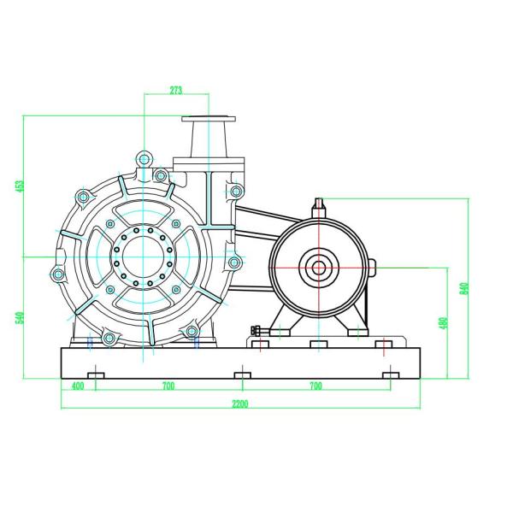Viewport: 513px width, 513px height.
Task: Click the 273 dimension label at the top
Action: pos(175,90)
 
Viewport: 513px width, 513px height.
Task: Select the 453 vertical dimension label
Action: pos(21,186)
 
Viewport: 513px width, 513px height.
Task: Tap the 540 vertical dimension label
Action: pos(21,318)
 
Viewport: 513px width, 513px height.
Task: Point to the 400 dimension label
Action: pos(78,386)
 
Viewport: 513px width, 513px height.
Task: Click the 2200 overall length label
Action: pos(240,404)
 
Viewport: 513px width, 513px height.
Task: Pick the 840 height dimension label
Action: pos(464,289)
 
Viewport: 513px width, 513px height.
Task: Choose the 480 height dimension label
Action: pos(444,323)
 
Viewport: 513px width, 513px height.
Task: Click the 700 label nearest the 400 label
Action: pos(168,386)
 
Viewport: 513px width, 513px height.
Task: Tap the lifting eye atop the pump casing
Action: pos(144,159)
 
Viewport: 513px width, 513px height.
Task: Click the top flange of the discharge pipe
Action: pos(209,119)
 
